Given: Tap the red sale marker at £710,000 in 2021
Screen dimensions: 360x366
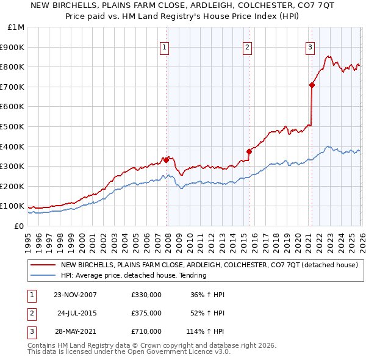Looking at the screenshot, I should [x=312, y=85].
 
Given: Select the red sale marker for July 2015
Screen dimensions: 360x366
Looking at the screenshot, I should [x=249, y=151].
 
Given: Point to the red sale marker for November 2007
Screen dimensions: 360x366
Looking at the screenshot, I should [x=167, y=160].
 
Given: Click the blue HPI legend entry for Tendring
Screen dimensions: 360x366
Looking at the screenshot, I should [x=134, y=275].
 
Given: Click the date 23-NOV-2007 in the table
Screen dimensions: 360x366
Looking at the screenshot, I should [x=75, y=295].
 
